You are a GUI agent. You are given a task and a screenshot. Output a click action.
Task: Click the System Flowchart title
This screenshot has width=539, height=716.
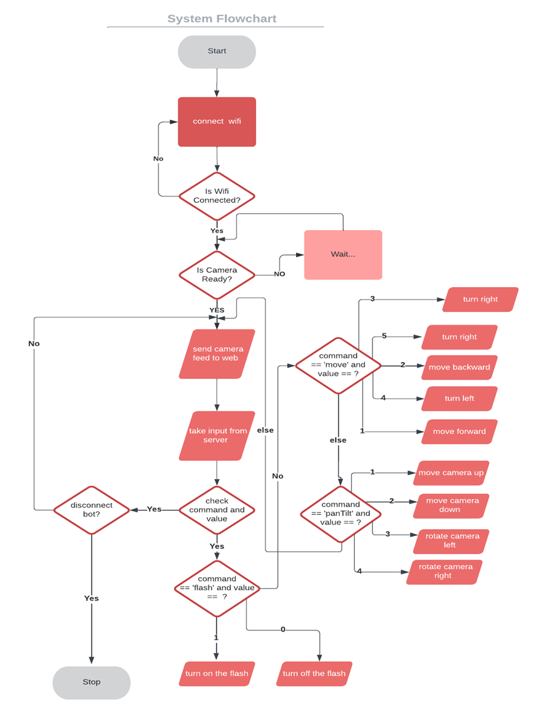tap(222, 19)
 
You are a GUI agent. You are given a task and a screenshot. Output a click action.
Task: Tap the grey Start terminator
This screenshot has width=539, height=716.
tap(217, 51)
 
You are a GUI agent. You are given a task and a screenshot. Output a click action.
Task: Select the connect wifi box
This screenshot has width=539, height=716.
tap(217, 121)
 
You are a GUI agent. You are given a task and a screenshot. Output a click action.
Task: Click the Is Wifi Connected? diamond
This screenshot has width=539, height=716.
tap(217, 196)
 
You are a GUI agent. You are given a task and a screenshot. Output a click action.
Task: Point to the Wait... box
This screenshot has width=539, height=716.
tap(343, 255)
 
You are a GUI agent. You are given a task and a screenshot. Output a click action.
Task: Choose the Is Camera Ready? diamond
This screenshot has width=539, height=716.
tap(217, 275)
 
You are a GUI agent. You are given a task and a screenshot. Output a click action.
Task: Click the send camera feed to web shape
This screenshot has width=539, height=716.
tap(217, 354)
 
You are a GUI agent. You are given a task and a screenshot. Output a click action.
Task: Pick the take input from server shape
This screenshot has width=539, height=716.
tap(217, 435)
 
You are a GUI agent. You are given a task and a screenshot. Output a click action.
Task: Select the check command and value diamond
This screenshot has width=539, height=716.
tap(217, 510)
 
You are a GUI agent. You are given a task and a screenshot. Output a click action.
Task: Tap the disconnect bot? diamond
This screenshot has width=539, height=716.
tap(91, 510)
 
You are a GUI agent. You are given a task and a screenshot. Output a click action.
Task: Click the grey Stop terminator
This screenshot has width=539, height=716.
tap(91, 682)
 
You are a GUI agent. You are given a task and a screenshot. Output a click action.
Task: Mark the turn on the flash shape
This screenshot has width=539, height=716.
tap(217, 673)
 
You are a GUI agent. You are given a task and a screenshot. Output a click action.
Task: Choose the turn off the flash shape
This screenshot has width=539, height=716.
tap(314, 673)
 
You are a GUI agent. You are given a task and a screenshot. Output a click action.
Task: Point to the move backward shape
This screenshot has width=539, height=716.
tap(459, 367)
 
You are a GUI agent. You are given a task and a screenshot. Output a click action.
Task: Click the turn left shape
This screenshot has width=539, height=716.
tap(459, 398)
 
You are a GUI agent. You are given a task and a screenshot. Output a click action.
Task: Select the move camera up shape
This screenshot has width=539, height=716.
tap(451, 473)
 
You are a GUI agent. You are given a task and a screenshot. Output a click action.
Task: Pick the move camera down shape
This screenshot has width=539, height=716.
tap(450, 505)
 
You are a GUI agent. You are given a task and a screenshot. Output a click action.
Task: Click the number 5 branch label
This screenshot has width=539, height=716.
tap(384, 336)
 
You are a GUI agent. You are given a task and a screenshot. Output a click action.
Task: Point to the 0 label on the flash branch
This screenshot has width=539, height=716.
tap(282, 629)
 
